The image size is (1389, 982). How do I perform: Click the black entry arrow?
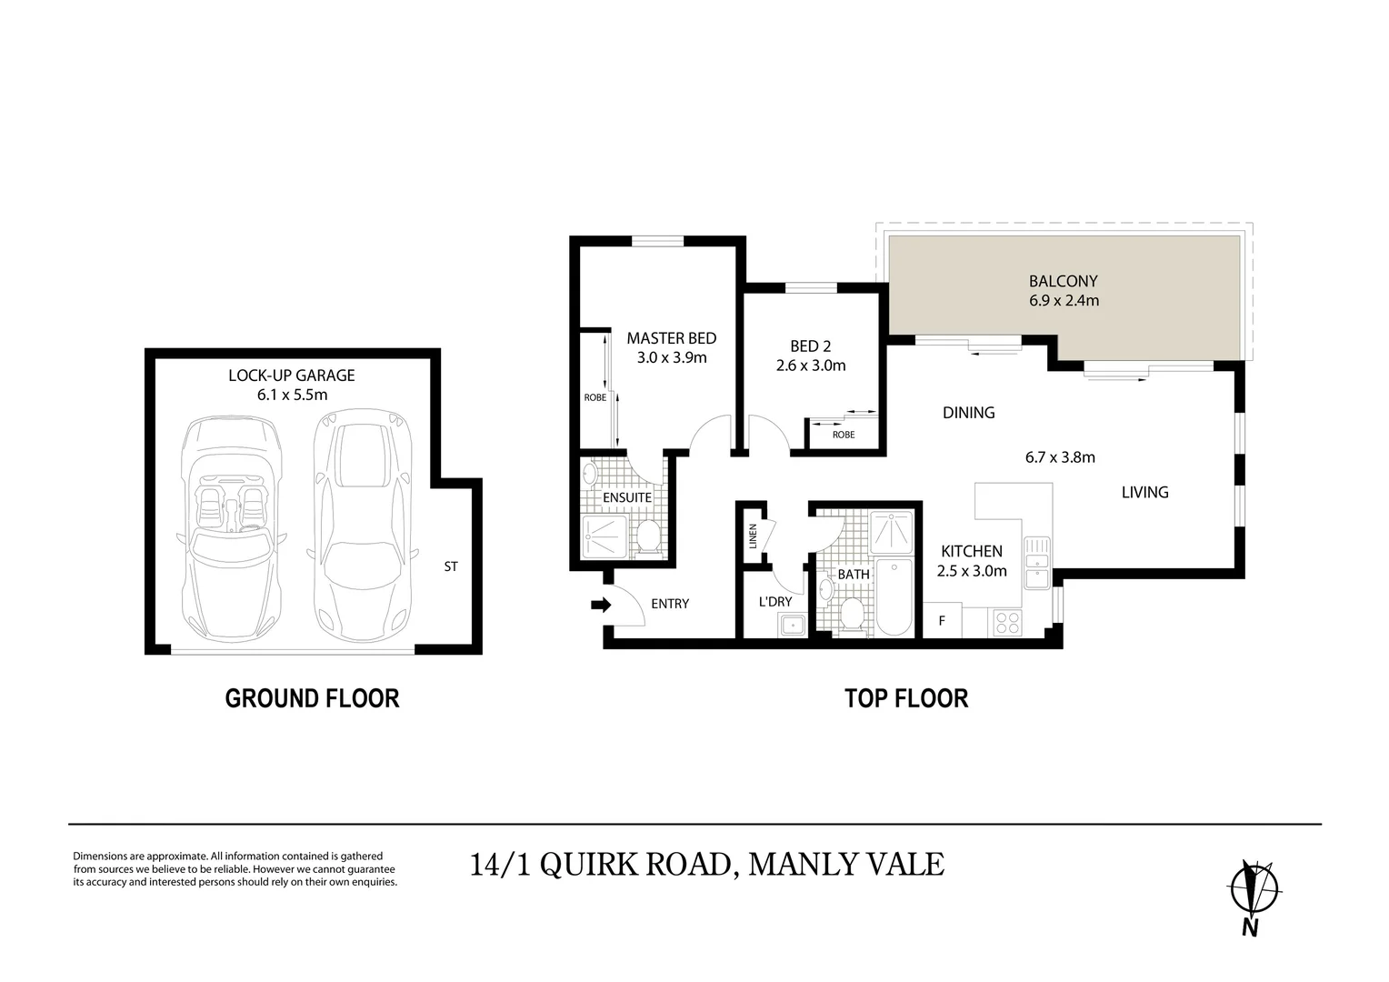pos(600,605)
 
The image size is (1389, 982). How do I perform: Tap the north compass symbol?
pos(1254,888)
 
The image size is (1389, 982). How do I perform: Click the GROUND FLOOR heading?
pos(312,698)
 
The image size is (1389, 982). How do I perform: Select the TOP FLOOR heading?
pos(906,698)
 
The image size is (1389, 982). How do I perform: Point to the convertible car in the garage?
pos(229,529)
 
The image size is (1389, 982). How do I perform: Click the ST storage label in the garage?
pos(451,566)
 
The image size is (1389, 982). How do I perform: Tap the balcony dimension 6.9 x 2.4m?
pos(1064,300)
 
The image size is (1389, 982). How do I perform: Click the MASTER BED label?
pos(672,338)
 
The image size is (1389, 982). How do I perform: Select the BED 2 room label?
pos(811,346)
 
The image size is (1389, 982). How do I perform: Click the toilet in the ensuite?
pos(649,536)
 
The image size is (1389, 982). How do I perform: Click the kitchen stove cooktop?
pos(1007,622)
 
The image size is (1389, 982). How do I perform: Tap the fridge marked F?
pos(942,621)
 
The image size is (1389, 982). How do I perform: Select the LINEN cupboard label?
pos(753,538)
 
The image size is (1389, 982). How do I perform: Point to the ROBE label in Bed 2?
pos(844,435)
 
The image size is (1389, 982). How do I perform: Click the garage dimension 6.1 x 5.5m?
pos(291,395)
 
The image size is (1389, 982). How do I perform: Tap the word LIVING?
pos(1144,492)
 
